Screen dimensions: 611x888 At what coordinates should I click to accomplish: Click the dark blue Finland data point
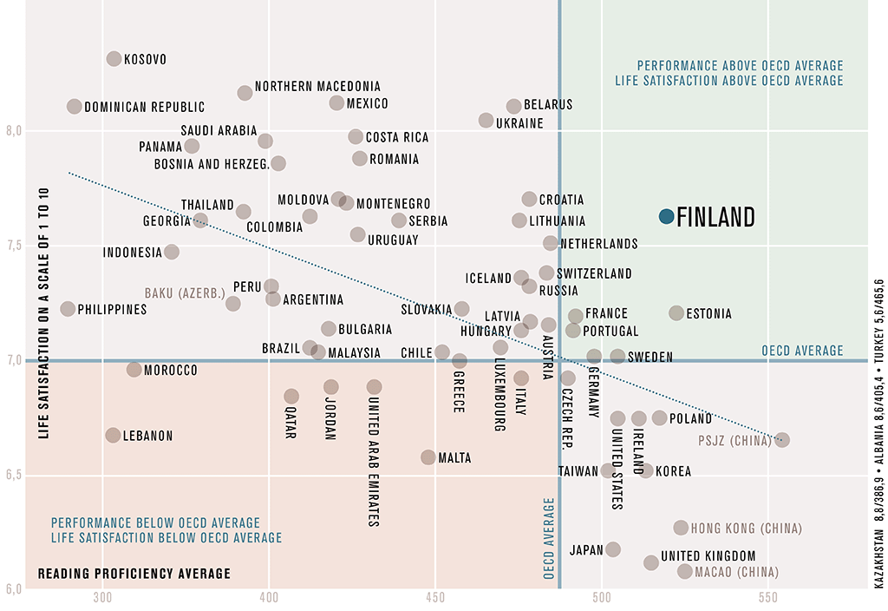tap(666, 216)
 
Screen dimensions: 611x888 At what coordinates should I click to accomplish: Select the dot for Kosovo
tap(114, 59)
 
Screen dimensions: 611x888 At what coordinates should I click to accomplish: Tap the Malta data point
tap(428, 457)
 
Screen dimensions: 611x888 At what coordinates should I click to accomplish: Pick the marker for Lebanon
tap(113, 436)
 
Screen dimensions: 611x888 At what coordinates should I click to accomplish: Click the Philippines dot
tap(68, 309)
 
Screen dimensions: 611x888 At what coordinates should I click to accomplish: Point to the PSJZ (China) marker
tap(782, 440)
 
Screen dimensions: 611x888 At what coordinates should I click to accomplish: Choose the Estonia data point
tap(676, 313)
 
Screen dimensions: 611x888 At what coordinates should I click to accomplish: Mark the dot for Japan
tap(613, 549)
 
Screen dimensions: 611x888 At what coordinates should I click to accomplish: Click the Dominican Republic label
tap(145, 108)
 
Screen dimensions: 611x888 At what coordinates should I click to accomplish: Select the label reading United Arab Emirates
tap(374, 463)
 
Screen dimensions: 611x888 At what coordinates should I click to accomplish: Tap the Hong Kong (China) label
tap(747, 529)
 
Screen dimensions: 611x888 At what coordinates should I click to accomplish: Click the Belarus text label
tap(548, 105)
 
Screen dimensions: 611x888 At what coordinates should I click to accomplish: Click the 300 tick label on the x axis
tap(103, 599)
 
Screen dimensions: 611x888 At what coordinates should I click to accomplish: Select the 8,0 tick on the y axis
tap(14, 131)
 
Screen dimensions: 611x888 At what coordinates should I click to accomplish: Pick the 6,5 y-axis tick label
tap(14, 476)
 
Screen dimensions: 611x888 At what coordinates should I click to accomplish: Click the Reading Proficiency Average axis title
tap(134, 574)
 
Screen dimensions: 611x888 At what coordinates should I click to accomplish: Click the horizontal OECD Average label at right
tap(802, 351)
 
